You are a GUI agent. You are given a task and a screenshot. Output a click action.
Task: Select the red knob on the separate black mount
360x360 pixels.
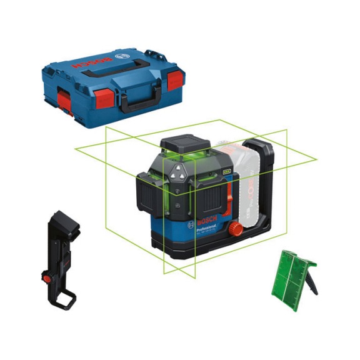pos(47,276)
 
